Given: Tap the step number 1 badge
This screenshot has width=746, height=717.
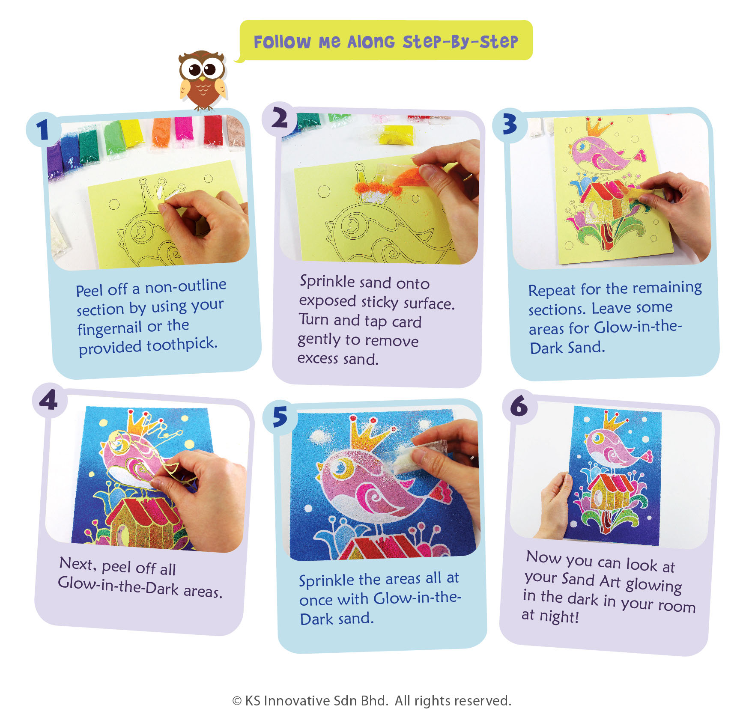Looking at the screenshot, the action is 42,129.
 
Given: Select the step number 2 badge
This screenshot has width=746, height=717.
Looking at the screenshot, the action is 280,118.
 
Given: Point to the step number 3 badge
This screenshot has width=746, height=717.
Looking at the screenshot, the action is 510,125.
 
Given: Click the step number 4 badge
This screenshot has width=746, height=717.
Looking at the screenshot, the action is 49,400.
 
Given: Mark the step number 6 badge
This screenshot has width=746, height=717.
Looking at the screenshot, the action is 519,406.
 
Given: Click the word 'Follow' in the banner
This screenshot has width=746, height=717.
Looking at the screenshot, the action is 282,42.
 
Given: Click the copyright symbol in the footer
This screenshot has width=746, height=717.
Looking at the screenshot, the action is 237,701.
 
